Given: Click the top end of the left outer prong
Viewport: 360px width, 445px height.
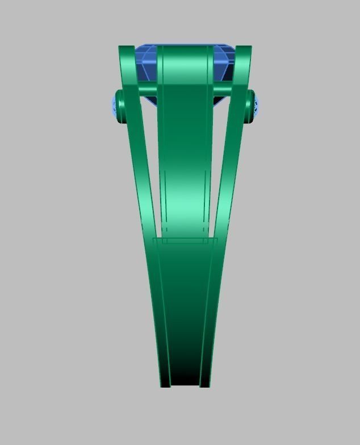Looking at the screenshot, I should tap(126, 49).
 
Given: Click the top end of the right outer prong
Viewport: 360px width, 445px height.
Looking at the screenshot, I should tap(243, 49).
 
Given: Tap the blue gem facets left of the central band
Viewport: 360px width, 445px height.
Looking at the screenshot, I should tap(146, 65).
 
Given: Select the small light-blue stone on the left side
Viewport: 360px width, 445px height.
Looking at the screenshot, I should tap(114, 106).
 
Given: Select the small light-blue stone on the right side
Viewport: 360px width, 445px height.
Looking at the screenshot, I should tap(256, 105).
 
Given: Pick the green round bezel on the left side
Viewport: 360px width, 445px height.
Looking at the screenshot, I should tap(120, 106).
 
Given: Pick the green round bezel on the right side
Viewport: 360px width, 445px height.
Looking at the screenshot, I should tap(250, 106).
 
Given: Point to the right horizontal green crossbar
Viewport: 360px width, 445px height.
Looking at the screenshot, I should tap(223, 90).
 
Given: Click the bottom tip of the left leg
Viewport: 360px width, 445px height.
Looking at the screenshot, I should tap(165, 385).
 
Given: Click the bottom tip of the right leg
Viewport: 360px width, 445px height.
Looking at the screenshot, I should tap(205, 385).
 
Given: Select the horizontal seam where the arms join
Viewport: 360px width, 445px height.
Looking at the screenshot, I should tap(185, 239).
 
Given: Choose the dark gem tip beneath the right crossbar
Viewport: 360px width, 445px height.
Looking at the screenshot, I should tap(220, 99).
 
